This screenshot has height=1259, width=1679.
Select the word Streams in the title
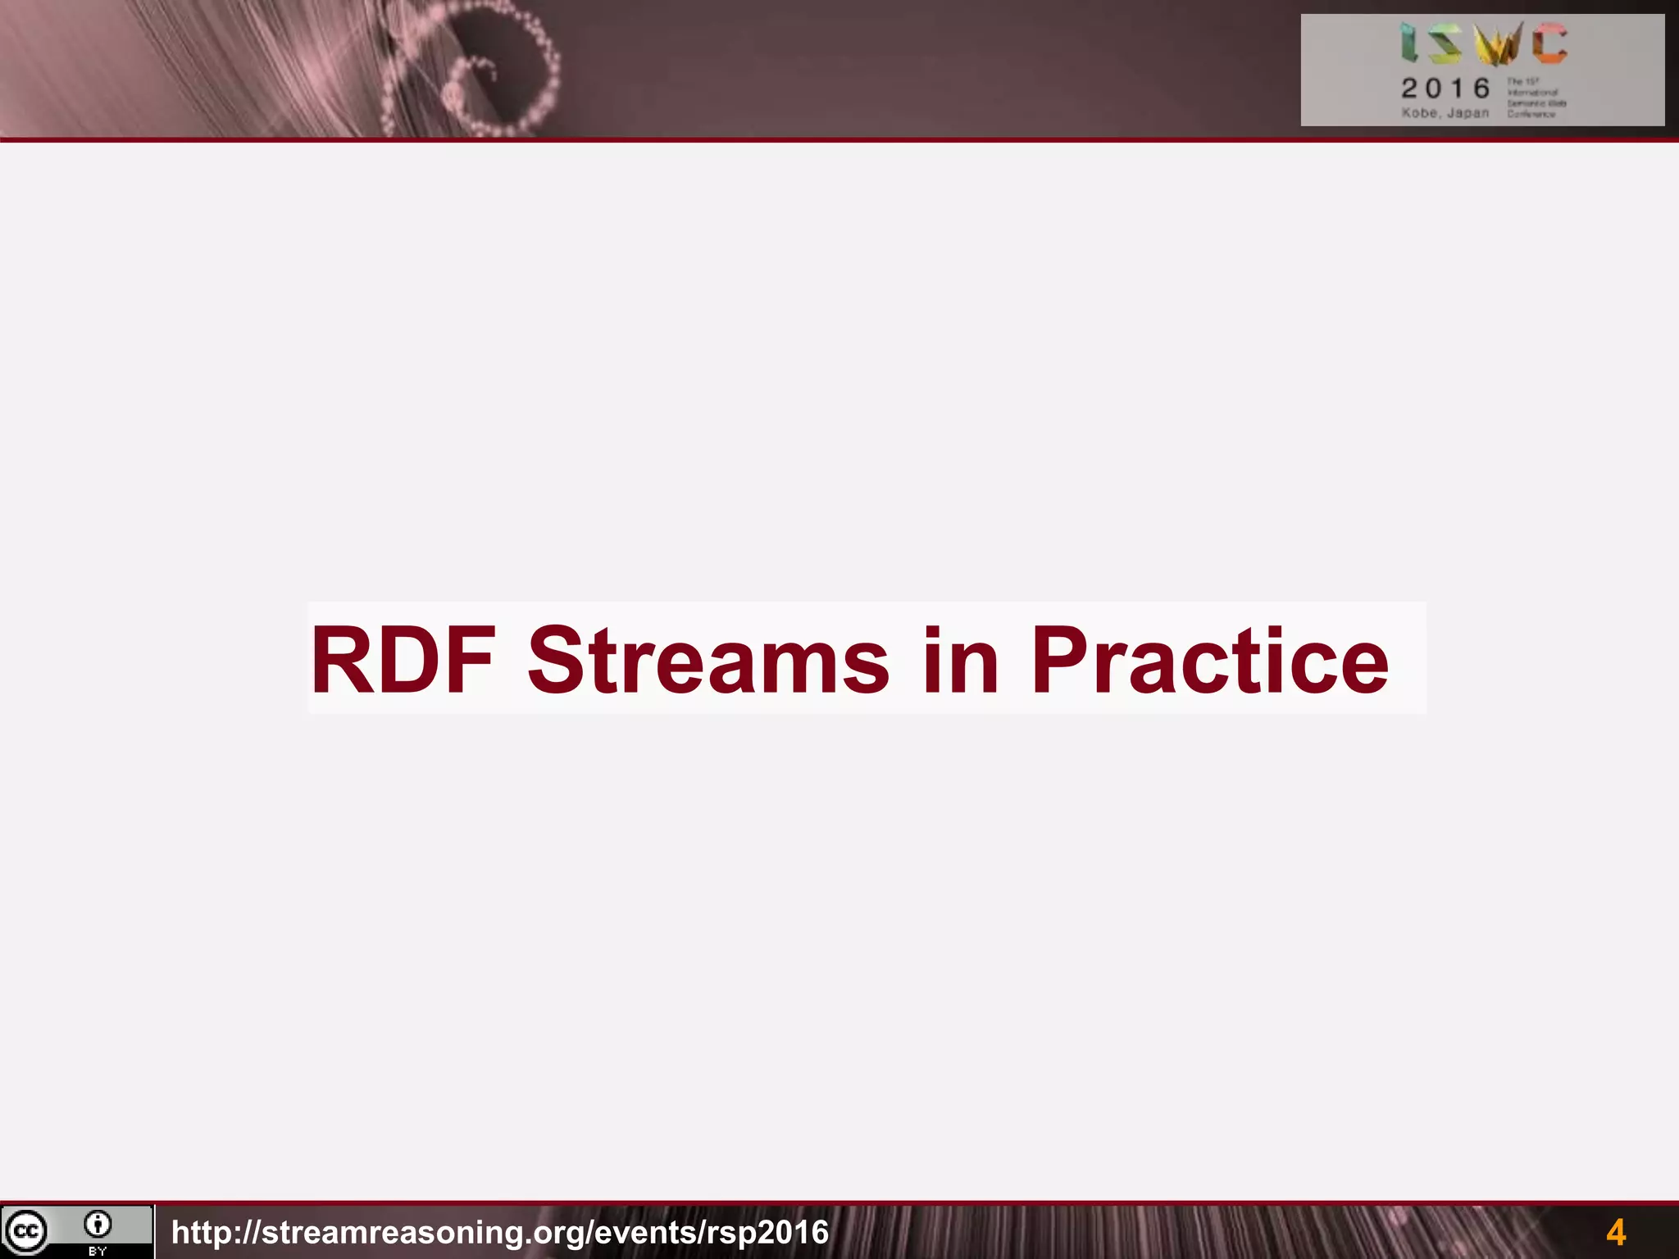click(x=708, y=661)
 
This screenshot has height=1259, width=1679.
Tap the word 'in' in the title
click(x=960, y=661)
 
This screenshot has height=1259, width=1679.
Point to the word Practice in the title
click(x=1209, y=661)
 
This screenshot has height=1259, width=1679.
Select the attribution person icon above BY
click(x=98, y=1225)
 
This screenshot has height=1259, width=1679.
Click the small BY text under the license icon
click(x=98, y=1252)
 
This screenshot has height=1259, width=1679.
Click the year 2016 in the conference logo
click(x=1445, y=88)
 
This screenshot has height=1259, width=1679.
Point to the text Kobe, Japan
click(x=1445, y=113)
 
